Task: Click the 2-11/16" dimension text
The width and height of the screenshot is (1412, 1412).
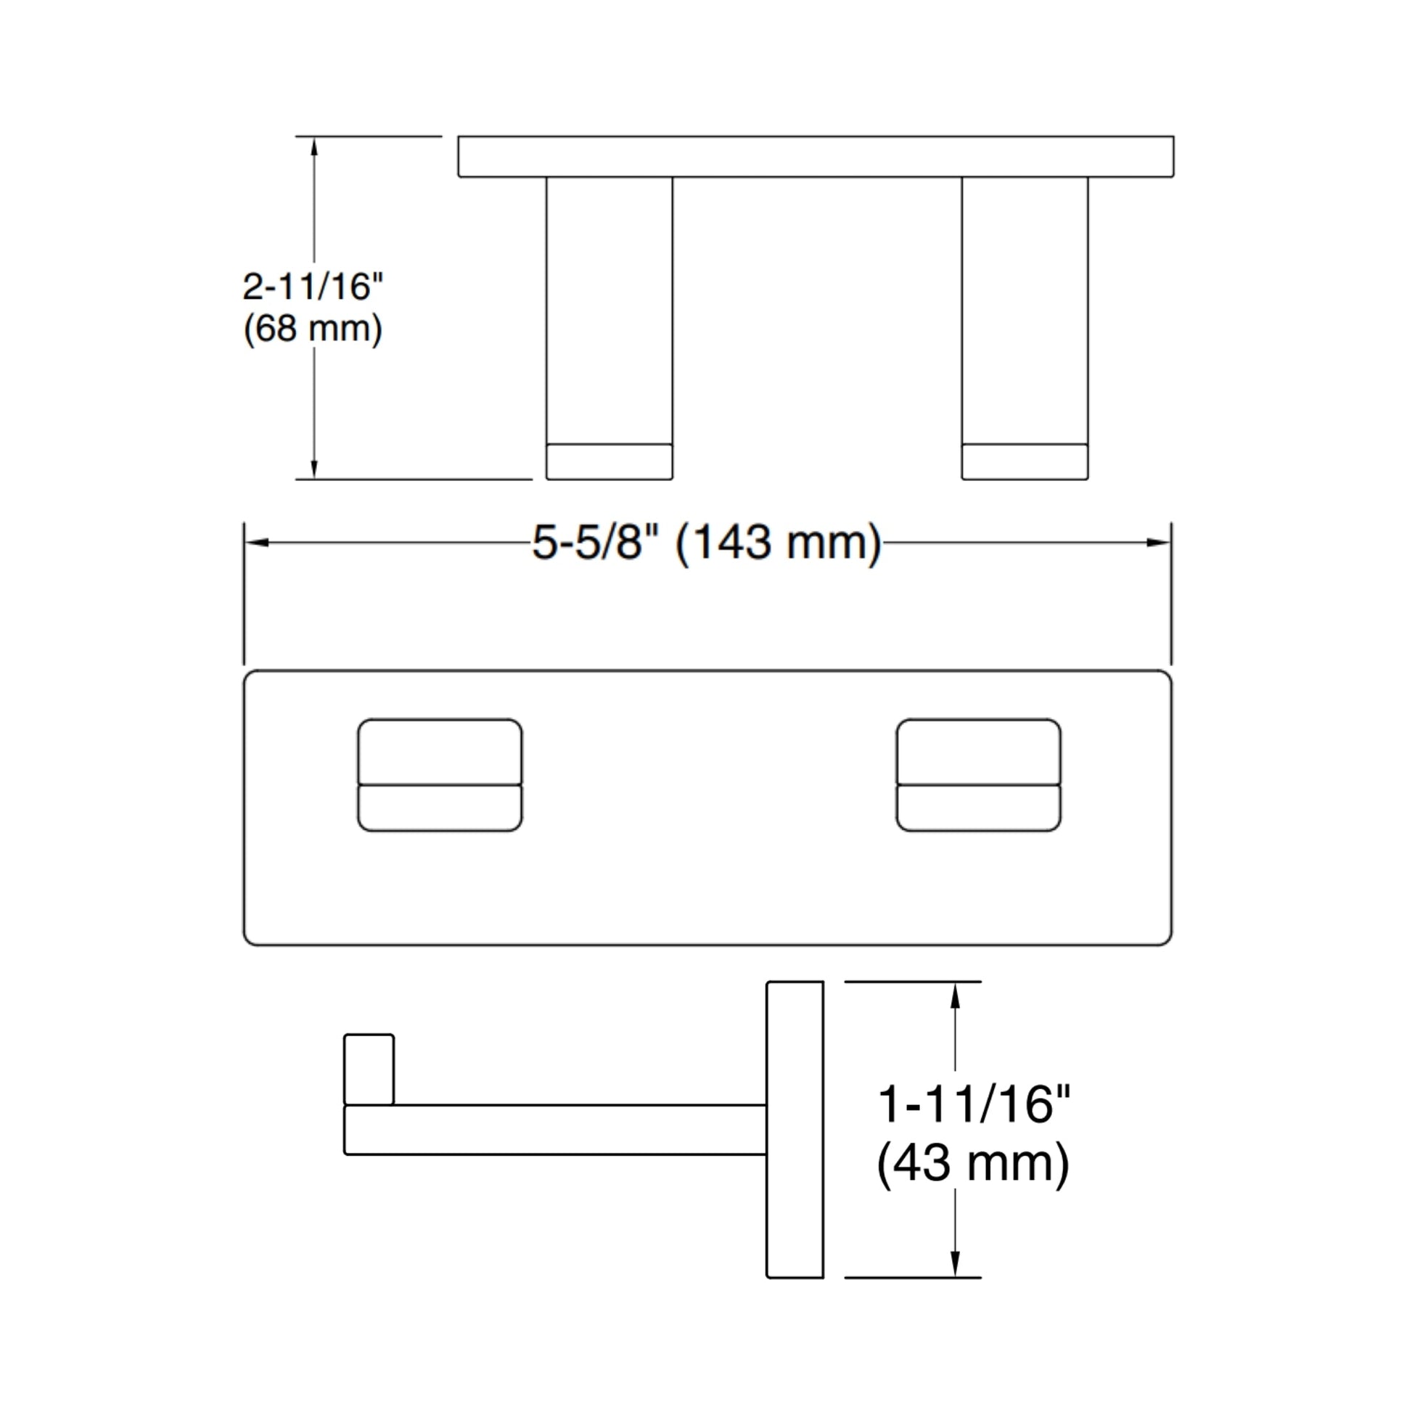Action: pos(313,287)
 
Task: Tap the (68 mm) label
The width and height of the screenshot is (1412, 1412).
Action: pos(313,329)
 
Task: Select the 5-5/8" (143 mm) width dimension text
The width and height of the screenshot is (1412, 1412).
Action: pos(707,543)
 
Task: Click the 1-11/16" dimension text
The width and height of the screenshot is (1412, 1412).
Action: pos(974,1104)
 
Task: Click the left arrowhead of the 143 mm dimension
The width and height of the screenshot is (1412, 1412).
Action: pos(257,543)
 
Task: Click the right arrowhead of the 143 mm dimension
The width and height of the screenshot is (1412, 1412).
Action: pos(1158,543)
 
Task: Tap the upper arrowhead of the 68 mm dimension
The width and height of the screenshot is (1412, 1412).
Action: pos(314,147)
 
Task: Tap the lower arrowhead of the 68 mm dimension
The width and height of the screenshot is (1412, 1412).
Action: pos(314,469)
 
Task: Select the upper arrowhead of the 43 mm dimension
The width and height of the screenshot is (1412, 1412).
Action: pos(954,995)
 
